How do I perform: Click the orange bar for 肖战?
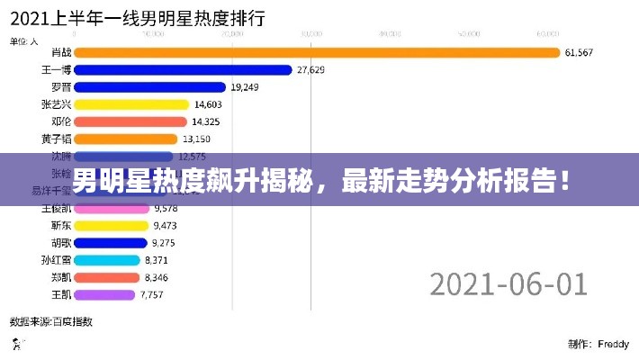[x=315, y=52]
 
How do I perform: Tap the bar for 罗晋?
[x=148, y=87]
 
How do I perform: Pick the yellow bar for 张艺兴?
[x=131, y=104]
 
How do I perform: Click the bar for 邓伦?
[x=130, y=121]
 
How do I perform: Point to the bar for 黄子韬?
[x=125, y=139]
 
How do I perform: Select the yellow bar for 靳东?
[x=111, y=225]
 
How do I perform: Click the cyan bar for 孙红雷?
[x=106, y=259]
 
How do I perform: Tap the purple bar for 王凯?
[x=104, y=294]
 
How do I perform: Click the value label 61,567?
[x=579, y=52]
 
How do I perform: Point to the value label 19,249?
[x=245, y=87]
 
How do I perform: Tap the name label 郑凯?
[x=62, y=277]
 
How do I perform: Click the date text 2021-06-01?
[x=508, y=283]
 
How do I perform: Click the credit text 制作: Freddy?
[x=598, y=343]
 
